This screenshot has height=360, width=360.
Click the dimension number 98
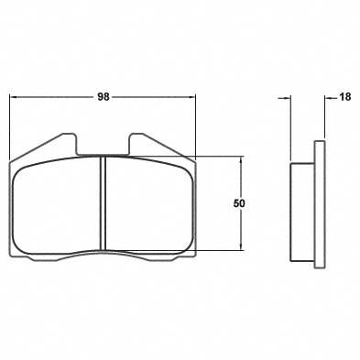tap(103, 94)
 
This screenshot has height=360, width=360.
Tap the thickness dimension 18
tap(344, 94)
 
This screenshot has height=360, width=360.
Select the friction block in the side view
tap(302, 209)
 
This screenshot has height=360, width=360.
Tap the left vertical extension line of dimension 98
tap(9, 128)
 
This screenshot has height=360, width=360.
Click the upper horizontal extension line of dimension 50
tap(220, 157)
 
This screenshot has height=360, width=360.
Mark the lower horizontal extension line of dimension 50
tap(220, 250)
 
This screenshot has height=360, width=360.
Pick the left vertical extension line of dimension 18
tap(290, 128)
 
